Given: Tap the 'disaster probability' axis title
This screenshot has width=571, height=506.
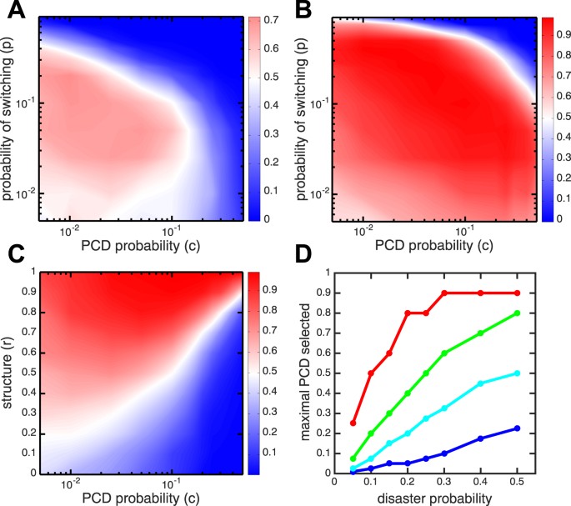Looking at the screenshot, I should tap(443, 498).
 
